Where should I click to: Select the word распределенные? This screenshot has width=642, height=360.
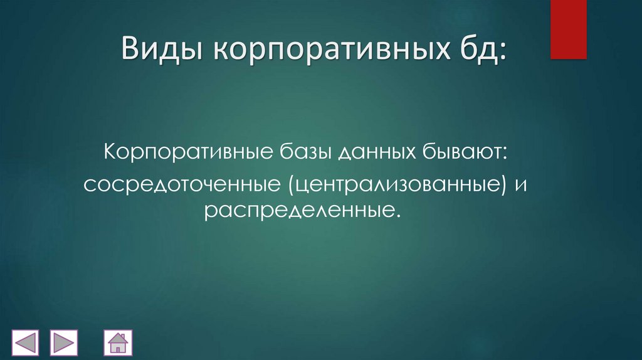coord(298,212)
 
